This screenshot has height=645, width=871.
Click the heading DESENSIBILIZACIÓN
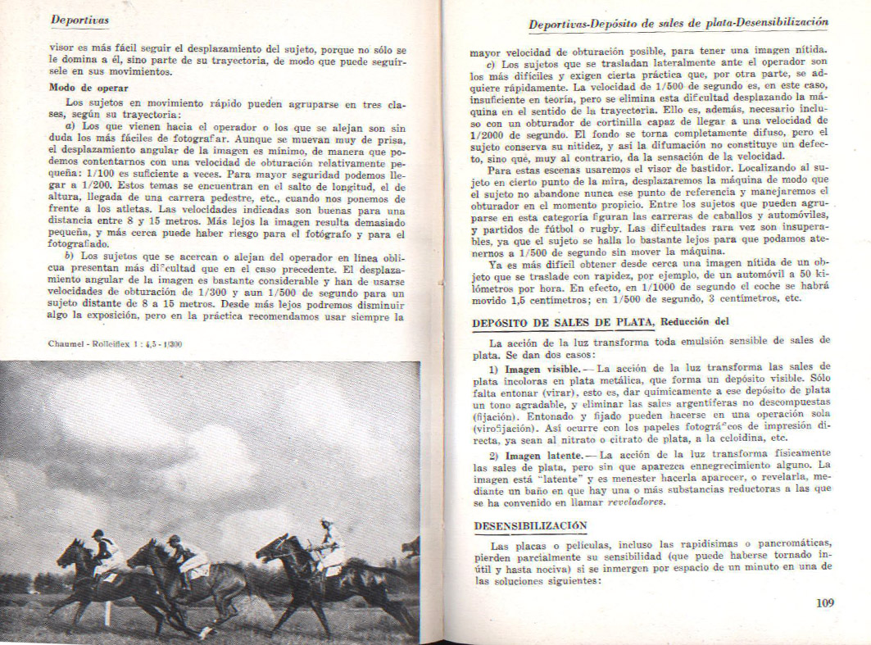tap(530, 525)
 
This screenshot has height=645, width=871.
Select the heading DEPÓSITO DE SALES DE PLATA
tap(564, 322)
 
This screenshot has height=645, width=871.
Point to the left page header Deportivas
tap(80, 19)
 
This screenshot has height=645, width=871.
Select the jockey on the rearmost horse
tap(105, 551)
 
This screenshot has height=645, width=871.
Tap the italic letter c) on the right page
tap(491, 64)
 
